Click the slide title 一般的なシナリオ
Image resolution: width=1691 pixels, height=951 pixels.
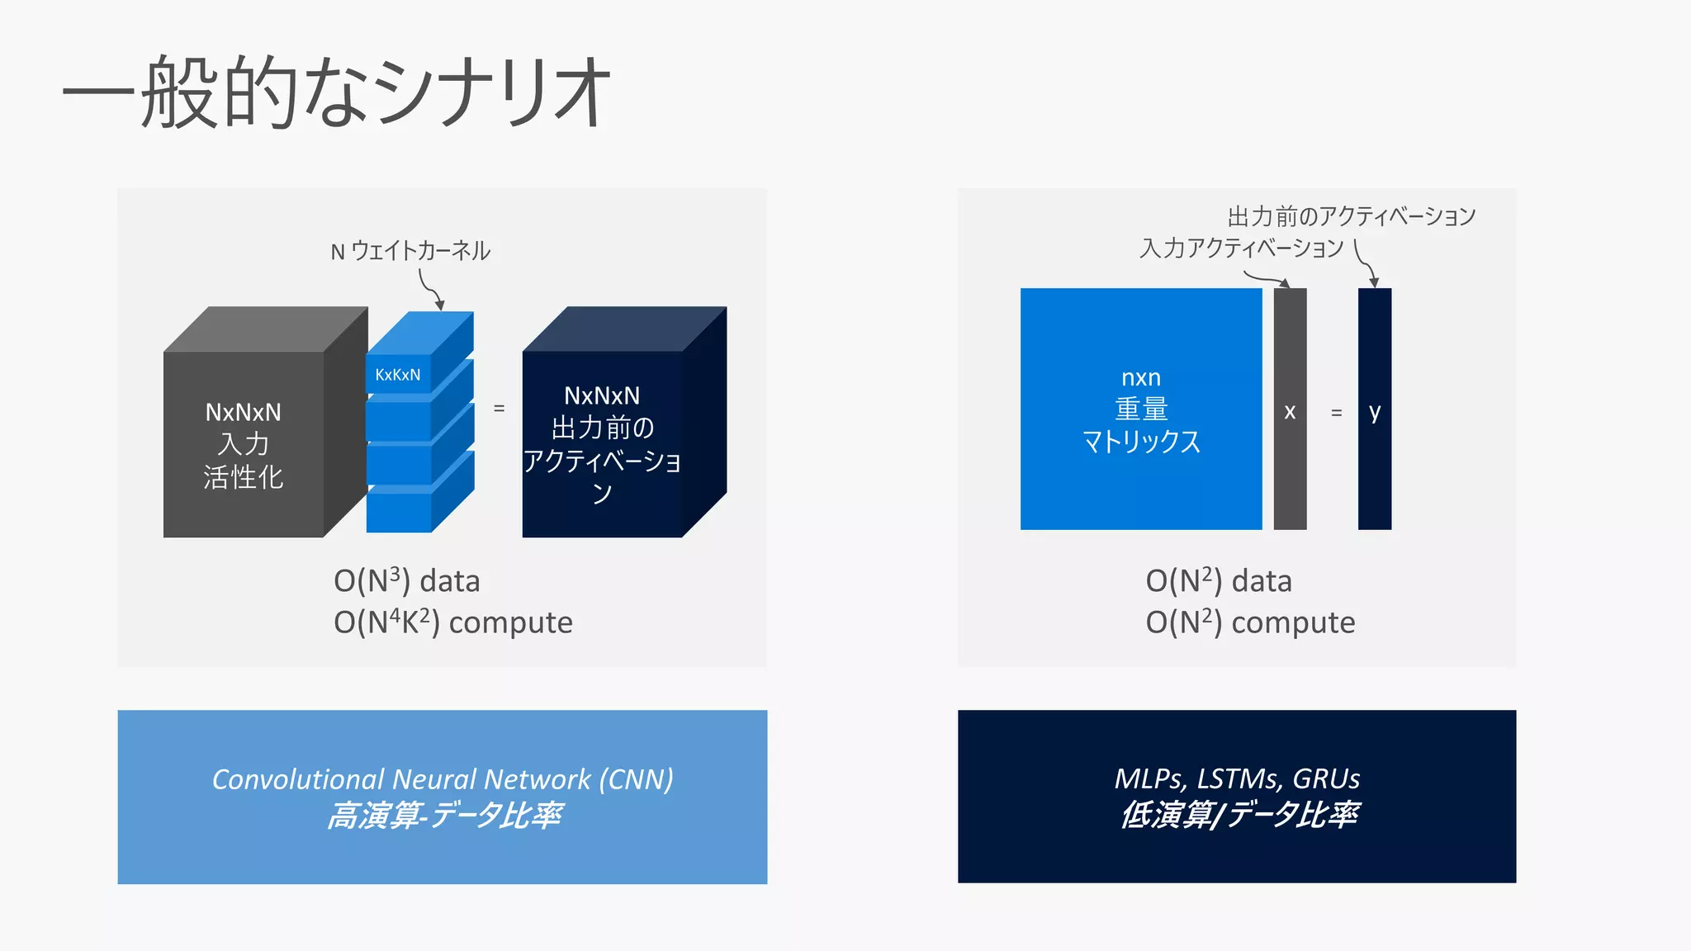(x=335, y=91)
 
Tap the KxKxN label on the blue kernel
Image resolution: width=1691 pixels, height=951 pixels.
(x=397, y=375)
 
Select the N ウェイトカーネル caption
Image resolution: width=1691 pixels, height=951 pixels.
(x=410, y=251)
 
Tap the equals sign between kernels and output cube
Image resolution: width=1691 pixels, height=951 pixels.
(x=499, y=408)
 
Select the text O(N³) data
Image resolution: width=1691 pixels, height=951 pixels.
(x=406, y=581)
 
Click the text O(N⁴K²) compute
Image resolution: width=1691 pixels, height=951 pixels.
(x=452, y=622)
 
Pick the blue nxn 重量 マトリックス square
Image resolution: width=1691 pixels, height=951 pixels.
(x=1140, y=409)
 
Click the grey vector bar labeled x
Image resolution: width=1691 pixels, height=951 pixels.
(x=1290, y=409)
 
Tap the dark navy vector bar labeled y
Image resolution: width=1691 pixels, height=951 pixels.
(x=1375, y=409)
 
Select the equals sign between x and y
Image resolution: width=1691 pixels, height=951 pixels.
(x=1336, y=412)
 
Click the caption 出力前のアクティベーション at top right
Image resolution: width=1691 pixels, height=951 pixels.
(x=1351, y=217)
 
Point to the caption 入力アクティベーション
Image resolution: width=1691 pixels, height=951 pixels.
(x=1241, y=248)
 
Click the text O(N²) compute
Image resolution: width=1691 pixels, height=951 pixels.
(x=1250, y=622)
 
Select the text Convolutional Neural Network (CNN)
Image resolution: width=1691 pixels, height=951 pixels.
(x=443, y=778)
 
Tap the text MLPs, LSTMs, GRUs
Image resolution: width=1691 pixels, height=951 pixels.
(x=1237, y=778)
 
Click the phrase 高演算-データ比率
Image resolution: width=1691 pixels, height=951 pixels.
(x=444, y=816)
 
